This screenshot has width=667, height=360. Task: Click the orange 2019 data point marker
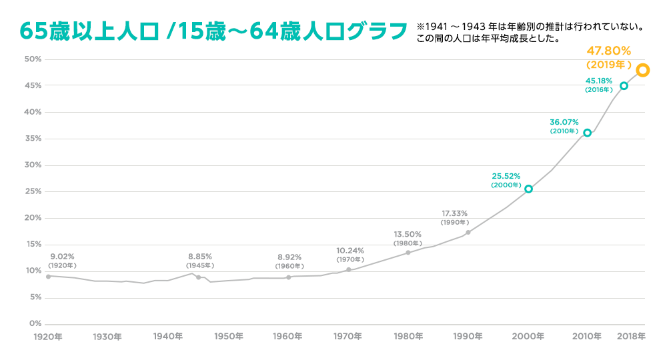coord(642,70)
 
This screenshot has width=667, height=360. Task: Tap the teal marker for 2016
coord(624,86)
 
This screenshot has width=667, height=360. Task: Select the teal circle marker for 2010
coord(587,133)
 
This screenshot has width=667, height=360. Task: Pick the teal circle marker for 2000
coord(528,189)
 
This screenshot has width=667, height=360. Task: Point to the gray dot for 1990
coord(468,232)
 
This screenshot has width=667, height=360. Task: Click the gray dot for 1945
coord(199,277)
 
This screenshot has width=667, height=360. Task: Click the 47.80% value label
coord(608,51)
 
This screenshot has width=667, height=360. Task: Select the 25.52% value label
coord(506,176)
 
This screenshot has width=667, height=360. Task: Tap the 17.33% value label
coord(454,213)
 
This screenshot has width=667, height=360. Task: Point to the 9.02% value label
coord(63,256)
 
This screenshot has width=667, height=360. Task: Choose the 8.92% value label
coord(289,257)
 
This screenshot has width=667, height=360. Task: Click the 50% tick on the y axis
coord(33,59)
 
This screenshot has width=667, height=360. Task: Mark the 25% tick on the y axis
coord(33,192)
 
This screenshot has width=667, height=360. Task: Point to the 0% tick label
coord(35,324)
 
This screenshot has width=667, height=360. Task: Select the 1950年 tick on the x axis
coord(229,337)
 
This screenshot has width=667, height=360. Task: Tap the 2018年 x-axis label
coord(630,337)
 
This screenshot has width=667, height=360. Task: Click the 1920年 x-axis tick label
coord(49,337)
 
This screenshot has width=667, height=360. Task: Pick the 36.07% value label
coord(564,122)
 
